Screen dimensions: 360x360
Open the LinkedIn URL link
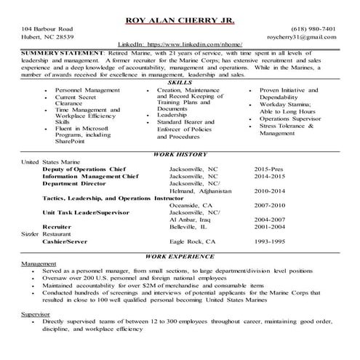click(180, 45)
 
